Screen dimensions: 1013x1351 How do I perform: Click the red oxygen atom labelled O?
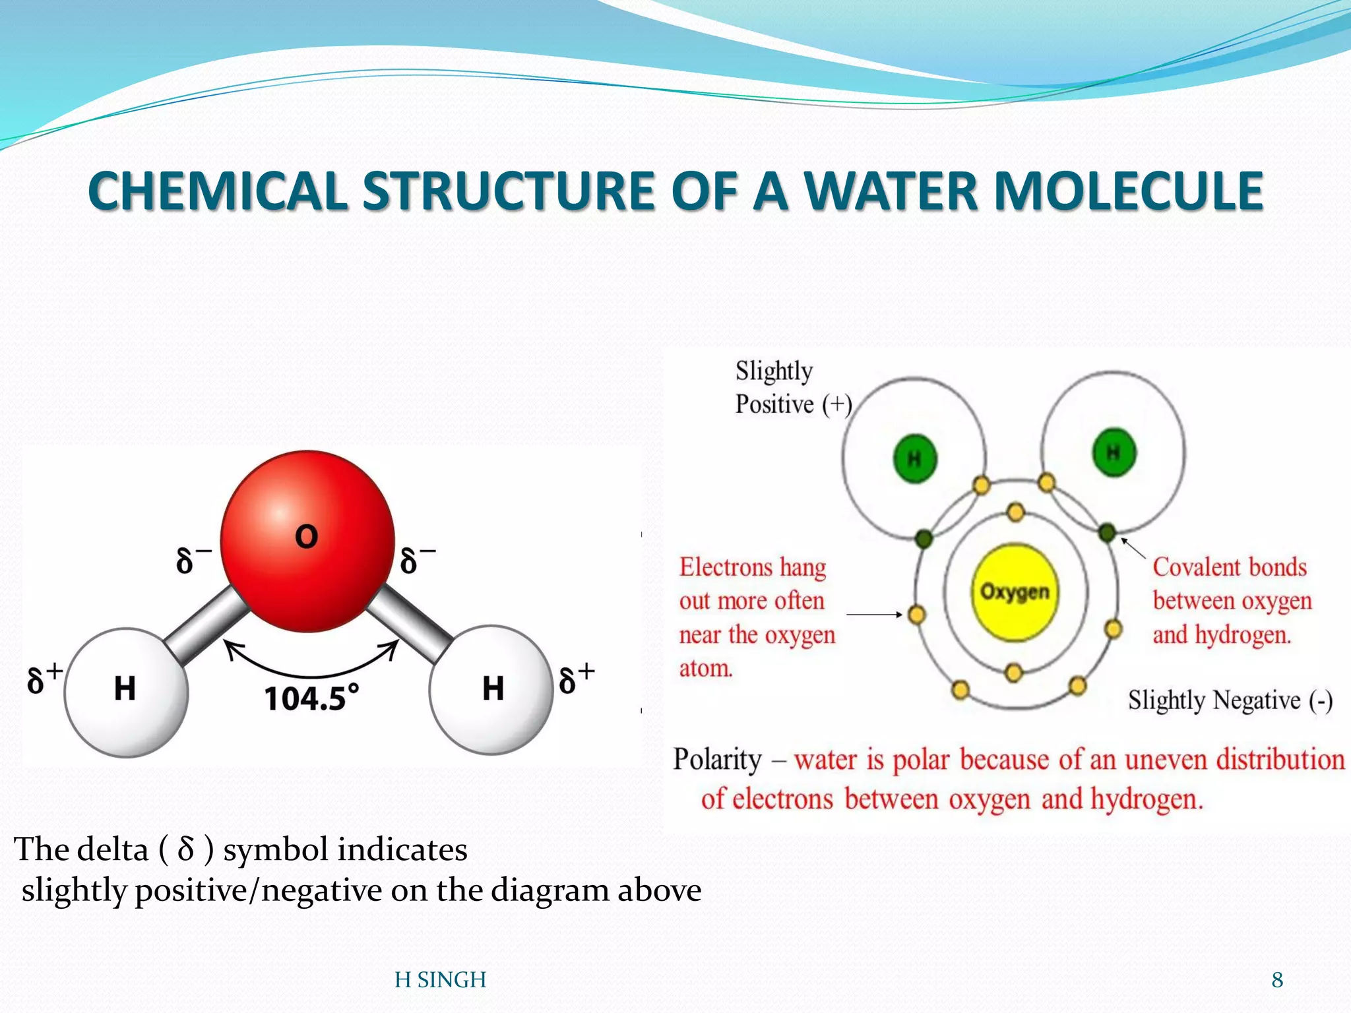click(x=307, y=541)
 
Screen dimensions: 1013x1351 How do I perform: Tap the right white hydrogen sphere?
click(x=491, y=689)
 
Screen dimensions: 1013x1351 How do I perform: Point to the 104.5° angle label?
click(x=311, y=698)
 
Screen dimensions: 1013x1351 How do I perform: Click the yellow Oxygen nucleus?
click(x=1014, y=592)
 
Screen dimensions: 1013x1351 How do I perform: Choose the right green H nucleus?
click(x=1114, y=452)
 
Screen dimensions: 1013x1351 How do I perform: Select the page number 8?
click(x=1277, y=980)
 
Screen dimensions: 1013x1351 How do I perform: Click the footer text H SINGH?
click(x=440, y=980)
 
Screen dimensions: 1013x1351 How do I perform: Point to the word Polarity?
click(x=717, y=760)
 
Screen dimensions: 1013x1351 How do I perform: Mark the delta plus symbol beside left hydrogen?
click(x=44, y=679)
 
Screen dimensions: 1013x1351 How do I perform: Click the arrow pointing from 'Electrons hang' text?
click(x=873, y=615)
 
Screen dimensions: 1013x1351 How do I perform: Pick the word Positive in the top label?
click(x=774, y=404)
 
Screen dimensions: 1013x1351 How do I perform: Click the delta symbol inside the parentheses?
click(x=186, y=849)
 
